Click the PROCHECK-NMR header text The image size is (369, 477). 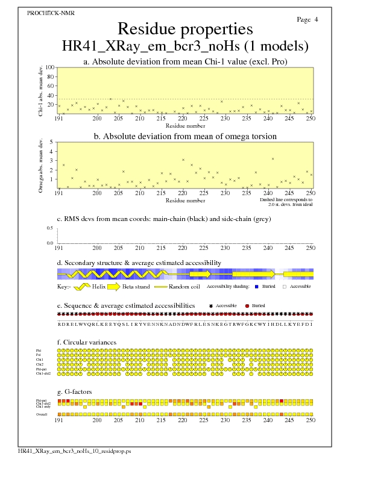[x=43, y=12]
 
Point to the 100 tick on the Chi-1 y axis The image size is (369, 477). [x=50, y=67]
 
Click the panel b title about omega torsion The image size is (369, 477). [x=184, y=137]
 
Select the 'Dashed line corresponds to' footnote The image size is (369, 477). [x=286, y=199]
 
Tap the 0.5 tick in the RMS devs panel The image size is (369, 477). [x=49, y=228]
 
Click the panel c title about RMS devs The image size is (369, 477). [x=163, y=219]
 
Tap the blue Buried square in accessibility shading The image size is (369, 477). [x=257, y=287]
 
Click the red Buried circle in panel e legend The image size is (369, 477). [x=247, y=306]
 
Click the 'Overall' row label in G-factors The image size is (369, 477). [x=42, y=414]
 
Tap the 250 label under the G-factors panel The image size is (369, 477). [x=310, y=420]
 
